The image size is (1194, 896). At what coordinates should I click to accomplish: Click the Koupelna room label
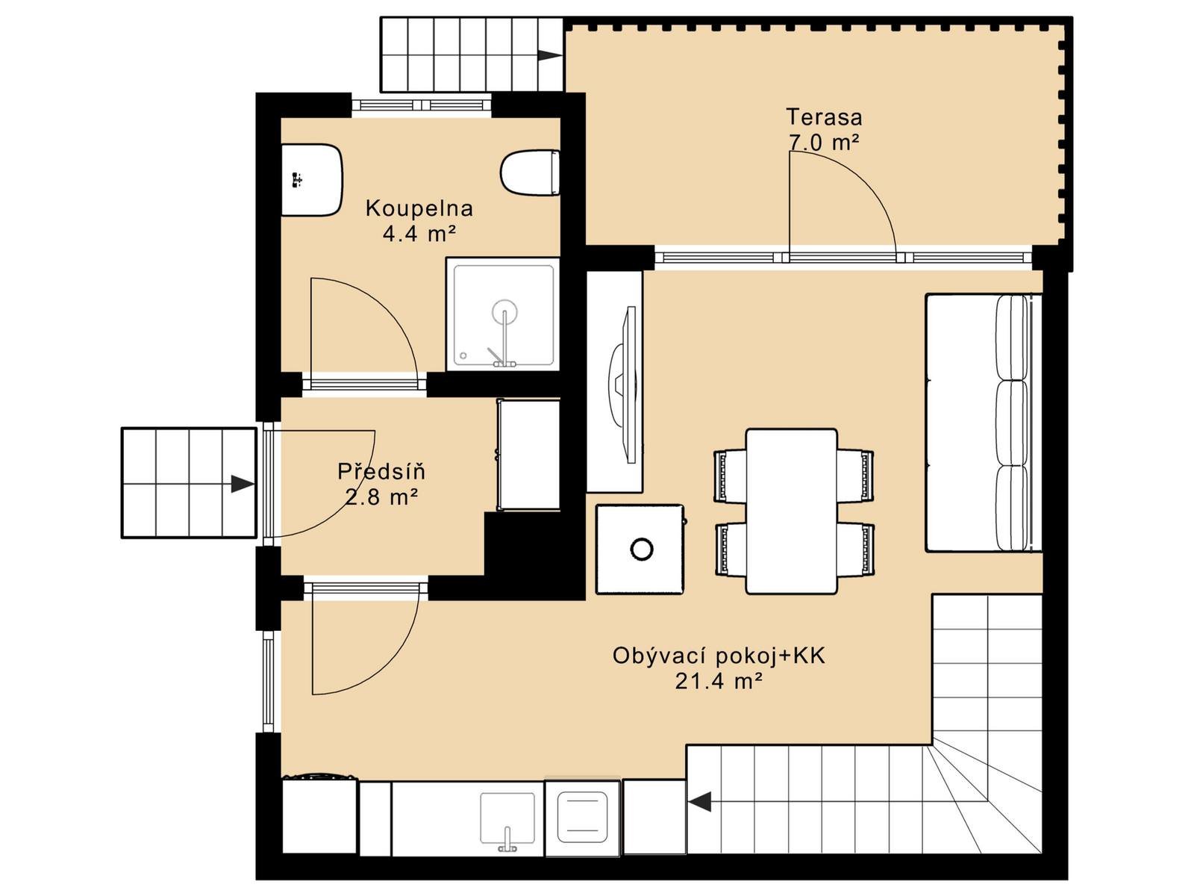coord(419,209)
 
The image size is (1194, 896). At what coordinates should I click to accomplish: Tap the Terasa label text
coord(824,117)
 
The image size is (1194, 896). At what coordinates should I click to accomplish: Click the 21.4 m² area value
coord(718,680)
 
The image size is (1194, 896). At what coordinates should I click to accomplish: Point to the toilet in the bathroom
coord(531,172)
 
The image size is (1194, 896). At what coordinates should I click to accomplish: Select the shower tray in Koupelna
coord(503,314)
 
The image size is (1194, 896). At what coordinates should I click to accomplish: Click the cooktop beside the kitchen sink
coord(582,817)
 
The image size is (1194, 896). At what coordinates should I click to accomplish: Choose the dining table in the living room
coord(792,511)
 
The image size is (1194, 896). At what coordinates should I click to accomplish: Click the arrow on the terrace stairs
coord(549,55)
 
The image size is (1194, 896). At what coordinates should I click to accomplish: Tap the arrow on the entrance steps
coord(243,484)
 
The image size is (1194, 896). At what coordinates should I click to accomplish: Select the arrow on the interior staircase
coord(699,801)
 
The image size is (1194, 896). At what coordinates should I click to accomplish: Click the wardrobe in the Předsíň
coord(528,455)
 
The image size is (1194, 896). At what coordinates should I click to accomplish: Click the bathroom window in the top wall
coord(421,105)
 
